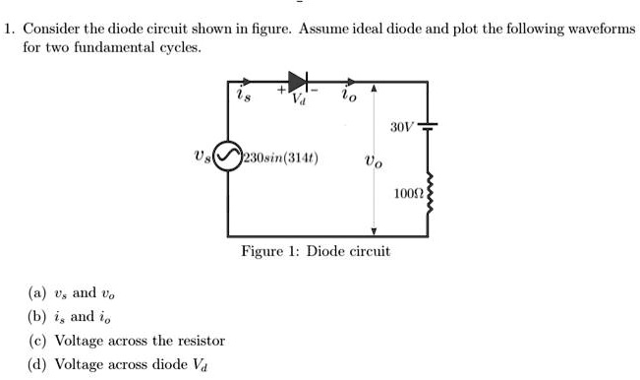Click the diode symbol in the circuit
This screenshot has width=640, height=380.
299,79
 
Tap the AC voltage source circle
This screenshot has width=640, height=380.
229,157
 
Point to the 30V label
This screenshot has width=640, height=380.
401,128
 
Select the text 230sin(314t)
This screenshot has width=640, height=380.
273,158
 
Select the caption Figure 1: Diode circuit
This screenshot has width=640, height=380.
316,251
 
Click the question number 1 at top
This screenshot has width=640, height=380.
8,29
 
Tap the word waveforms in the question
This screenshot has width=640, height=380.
602,29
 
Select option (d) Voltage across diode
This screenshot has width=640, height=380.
118,365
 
